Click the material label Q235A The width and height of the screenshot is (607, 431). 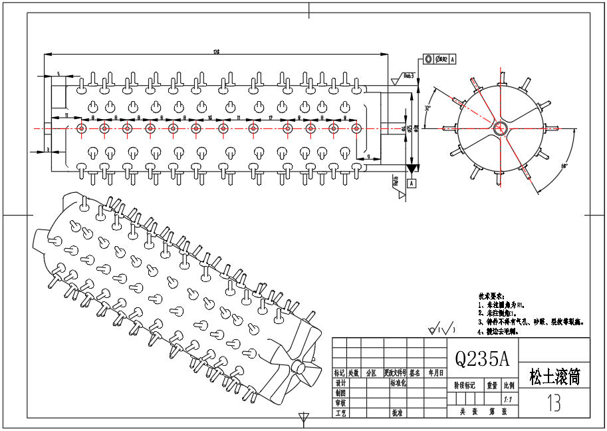(x=481, y=359)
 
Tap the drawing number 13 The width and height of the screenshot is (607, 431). (x=553, y=403)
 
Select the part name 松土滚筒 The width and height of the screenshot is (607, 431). (x=554, y=377)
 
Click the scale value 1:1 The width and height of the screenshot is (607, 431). (x=508, y=400)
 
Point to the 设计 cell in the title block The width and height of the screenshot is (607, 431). (x=340, y=384)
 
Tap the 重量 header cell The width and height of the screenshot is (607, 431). (x=492, y=385)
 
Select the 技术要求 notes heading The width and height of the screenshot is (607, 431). (x=491, y=295)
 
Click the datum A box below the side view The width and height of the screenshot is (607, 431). (x=412, y=182)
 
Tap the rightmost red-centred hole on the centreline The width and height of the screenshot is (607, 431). (x=356, y=128)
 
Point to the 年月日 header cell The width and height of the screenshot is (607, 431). (x=436, y=373)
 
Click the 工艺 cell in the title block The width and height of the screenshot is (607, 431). (x=340, y=413)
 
